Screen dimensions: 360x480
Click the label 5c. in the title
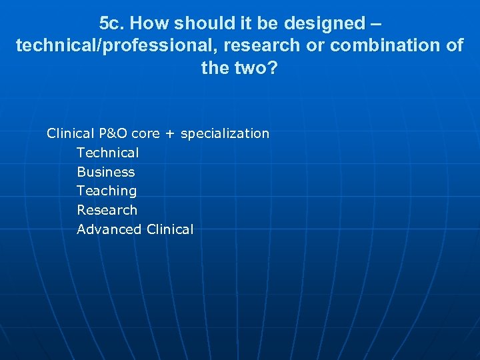(111, 23)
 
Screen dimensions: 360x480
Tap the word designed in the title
(324, 23)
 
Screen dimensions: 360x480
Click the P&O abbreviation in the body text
(110, 133)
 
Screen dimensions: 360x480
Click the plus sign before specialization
(171, 134)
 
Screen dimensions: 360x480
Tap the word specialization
(225, 133)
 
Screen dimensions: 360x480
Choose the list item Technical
(108, 153)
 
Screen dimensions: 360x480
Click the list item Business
(105, 172)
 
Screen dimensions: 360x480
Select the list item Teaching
(107, 191)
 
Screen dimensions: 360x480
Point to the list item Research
(107, 210)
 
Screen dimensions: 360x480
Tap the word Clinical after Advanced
(169, 229)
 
